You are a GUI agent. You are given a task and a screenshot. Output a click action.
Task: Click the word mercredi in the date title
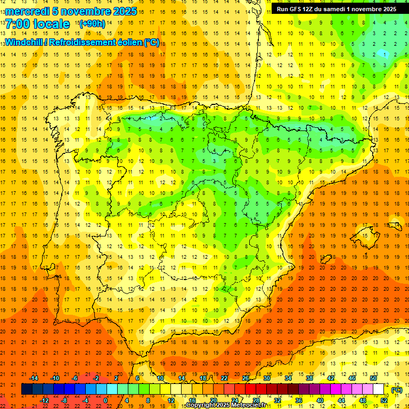pyautogui.click(x=28, y=11)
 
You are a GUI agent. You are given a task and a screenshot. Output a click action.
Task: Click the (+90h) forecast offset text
pyautogui.click(x=92, y=24)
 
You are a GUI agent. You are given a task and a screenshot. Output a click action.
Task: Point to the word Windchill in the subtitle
pyautogui.click(x=24, y=42)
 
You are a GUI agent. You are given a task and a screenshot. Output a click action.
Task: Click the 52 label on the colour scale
pyautogui.click(x=384, y=400)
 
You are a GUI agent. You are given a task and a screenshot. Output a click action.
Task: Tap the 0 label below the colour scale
pyautogui.click(x=105, y=400)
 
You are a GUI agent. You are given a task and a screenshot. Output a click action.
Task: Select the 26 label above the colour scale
pyautogui.click(x=246, y=378)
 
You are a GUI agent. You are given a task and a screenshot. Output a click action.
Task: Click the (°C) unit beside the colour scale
pyautogui.click(x=397, y=390)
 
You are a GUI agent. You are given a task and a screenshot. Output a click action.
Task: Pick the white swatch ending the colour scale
pyautogui.click(x=379, y=389)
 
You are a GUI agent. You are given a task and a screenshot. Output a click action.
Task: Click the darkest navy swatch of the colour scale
pyautogui.click(x=27, y=389)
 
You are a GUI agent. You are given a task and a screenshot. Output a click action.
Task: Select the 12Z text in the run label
pyautogui.click(x=311, y=9)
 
